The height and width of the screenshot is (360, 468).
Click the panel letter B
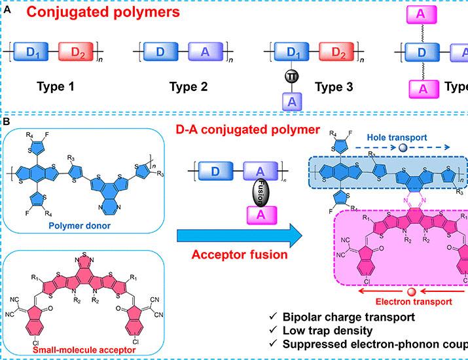tap(6, 122)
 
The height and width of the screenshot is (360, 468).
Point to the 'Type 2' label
tap(188, 86)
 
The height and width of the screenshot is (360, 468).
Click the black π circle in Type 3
tap(290, 77)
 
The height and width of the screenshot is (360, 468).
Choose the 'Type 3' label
tap(333, 86)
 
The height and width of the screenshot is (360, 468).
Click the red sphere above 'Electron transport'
tap(410, 291)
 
